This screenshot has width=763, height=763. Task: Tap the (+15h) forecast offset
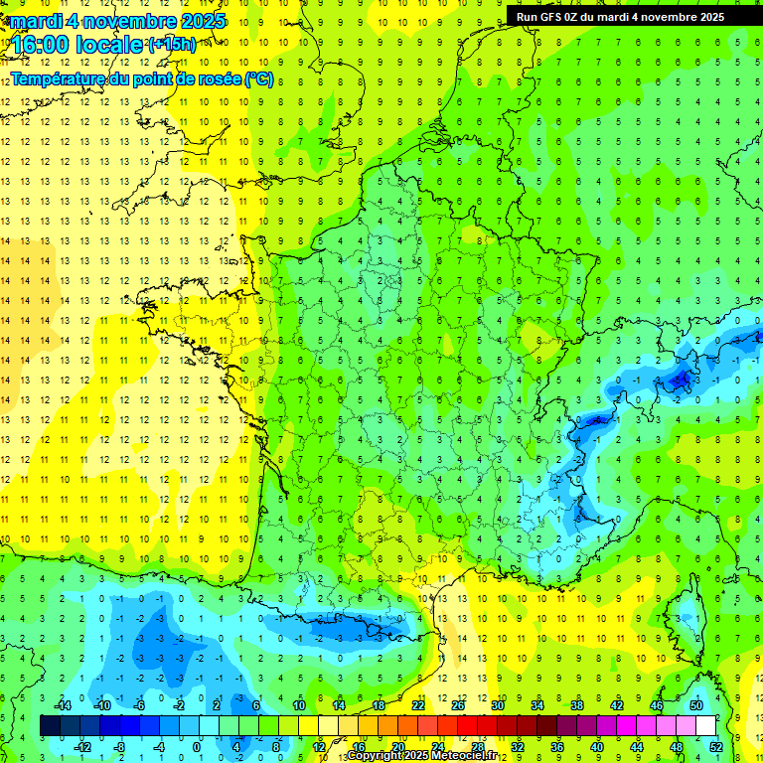[172, 44]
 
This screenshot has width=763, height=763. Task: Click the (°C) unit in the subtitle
[259, 78]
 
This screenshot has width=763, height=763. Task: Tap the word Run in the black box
[528, 17]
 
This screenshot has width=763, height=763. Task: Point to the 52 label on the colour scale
[716, 747]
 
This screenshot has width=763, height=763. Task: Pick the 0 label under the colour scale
[197, 747]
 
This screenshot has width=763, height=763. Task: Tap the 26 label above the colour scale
[458, 705]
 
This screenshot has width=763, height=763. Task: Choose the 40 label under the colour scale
[597, 747]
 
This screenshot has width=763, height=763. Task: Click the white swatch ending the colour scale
[706, 726]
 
